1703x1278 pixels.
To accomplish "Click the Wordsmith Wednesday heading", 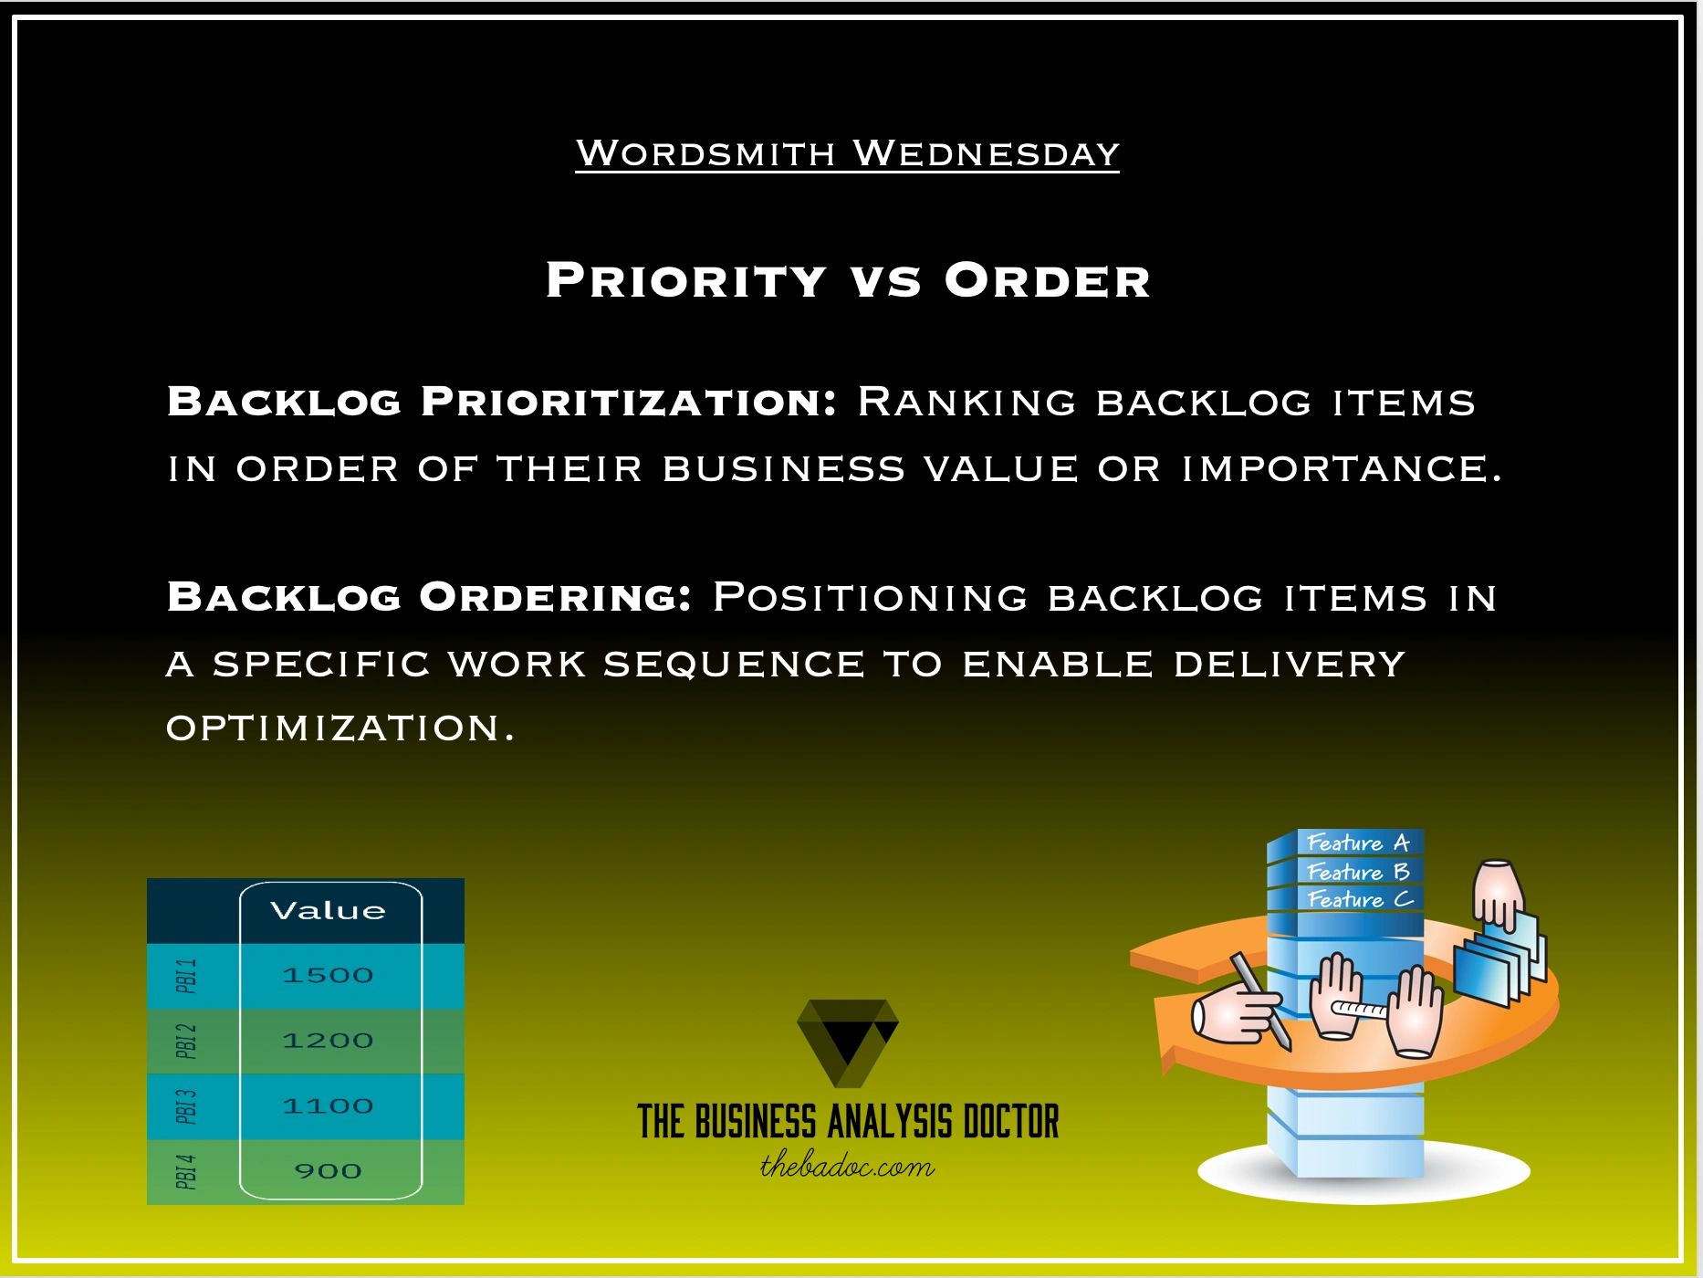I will coord(847,153).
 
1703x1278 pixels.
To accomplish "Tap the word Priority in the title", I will coord(686,280).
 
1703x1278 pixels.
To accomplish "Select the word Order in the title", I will coord(1047,280).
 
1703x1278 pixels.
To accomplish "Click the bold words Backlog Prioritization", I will coord(502,402).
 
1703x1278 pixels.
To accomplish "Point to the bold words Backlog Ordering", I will coord(429,597).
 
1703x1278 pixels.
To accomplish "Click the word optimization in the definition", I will coord(340,728).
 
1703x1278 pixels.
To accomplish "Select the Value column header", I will coord(329,910).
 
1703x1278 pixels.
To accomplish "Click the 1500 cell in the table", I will coord(329,975).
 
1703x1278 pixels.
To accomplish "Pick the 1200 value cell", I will coord(329,1041).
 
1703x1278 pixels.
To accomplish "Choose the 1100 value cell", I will coord(329,1106).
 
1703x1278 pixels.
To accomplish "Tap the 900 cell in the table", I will coord(329,1171).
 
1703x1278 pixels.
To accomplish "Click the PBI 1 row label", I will coord(186,976).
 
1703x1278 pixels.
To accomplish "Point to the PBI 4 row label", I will coord(186,1172).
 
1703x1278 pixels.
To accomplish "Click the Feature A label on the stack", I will coord(1358,843).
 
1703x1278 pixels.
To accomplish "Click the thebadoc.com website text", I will coord(848,1167).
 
